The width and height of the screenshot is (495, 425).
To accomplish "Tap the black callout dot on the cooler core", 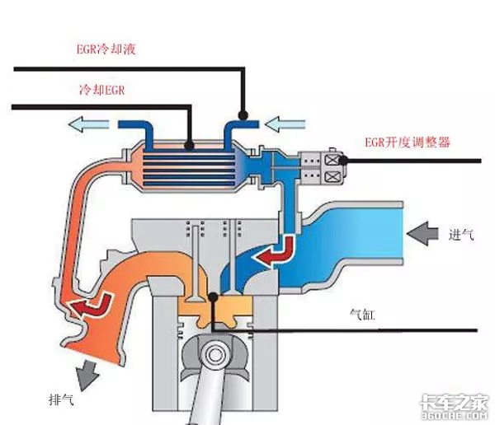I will tap(190, 147).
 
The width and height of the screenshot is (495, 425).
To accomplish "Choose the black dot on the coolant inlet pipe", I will tap(242, 116).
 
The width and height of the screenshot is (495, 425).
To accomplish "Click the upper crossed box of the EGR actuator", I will tap(335, 157).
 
